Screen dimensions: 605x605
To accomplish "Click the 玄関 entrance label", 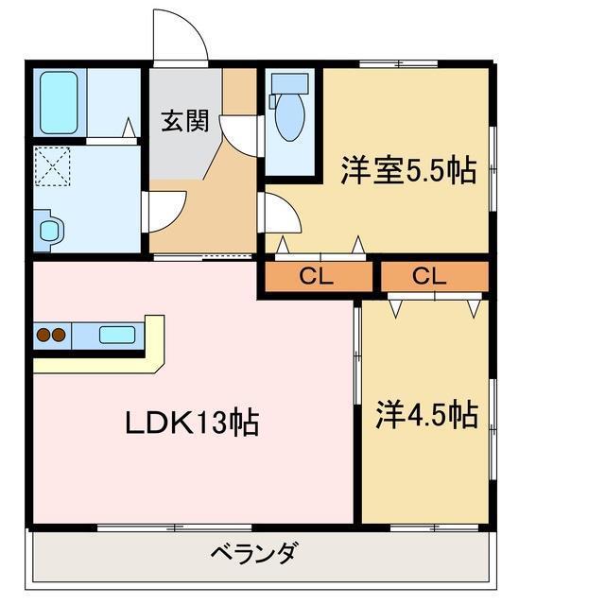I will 183,122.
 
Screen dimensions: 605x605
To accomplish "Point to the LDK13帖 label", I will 192,423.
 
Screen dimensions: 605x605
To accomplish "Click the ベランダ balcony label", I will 254,553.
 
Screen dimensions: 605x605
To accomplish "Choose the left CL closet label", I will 318,276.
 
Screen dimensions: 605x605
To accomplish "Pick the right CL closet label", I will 430,276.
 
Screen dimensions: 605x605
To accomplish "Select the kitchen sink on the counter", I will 117,334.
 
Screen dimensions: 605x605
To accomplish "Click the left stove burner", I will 42,334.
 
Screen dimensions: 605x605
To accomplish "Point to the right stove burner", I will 58,334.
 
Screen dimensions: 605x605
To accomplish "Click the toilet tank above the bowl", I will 289,83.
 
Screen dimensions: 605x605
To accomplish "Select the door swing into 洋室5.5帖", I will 282,215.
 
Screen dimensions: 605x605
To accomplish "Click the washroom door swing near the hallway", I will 166,211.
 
